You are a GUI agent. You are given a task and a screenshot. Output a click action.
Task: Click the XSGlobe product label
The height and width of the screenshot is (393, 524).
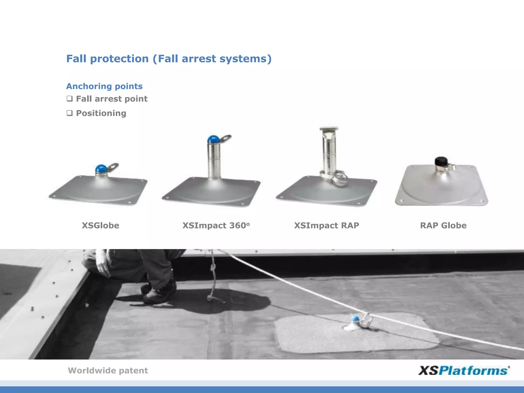pyautogui.click(x=100, y=225)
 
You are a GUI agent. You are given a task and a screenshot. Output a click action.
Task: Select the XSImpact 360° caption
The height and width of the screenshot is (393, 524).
pyautogui.click(x=216, y=225)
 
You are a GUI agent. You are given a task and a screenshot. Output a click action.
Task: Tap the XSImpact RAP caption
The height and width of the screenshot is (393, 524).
pyautogui.click(x=326, y=225)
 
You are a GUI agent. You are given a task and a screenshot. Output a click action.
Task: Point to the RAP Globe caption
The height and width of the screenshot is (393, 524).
pyautogui.click(x=443, y=225)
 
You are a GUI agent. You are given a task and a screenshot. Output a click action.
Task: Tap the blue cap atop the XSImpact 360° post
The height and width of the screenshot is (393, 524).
pyautogui.click(x=213, y=139)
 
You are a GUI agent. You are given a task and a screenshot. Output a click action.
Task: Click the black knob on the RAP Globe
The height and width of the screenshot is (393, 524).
pyautogui.click(x=441, y=161)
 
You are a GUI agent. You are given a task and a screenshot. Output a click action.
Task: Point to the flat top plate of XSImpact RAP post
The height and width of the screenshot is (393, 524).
pyautogui.click(x=329, y=128)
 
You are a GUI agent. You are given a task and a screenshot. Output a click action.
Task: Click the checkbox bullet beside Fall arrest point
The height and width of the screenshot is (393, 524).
pyautogui.click(x=70, y=99)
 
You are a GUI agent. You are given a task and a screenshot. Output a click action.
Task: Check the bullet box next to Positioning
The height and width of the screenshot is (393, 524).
pyautogui.click(x=70, y=113)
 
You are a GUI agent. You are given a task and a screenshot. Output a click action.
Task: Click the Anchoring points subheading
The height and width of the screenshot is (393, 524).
pyautogui.click(x=104, y=86)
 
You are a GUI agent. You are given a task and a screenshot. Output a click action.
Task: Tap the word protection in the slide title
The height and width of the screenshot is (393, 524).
pyautogui.click(x=119, y=59)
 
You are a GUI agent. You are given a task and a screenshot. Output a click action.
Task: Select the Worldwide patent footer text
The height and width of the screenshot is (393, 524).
pyautogui.click(x=108, y=370)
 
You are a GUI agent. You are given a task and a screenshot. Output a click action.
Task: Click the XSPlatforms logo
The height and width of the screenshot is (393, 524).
pyautogui.click(x=464, y=370)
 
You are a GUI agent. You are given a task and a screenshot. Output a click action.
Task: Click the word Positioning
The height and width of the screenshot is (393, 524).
pyautogui.click(x=101, y=113)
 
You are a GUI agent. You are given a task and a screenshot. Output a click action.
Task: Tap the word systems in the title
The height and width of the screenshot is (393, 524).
pyautogui.click(x=243, y=59)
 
